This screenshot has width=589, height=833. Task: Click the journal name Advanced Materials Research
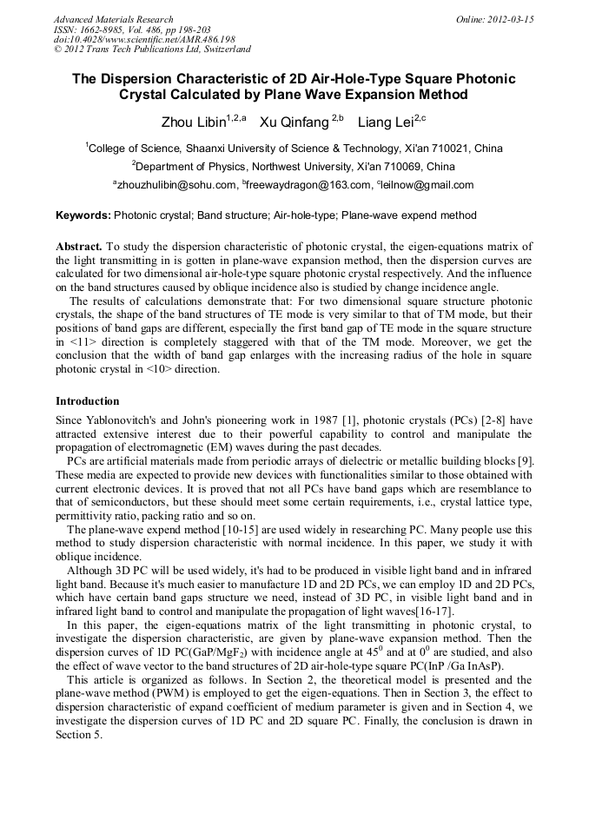114,19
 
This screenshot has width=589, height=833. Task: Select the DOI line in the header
144,39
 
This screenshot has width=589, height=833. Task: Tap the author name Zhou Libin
193,122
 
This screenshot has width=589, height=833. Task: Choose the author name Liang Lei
385,122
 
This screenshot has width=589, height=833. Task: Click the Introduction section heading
88,401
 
